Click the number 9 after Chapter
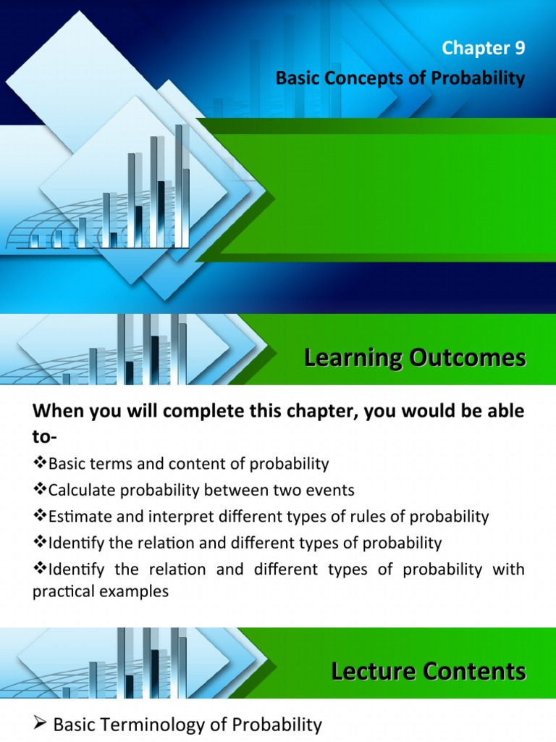pyautogui.click(x=518, y=49)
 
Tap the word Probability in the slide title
pyautogui.click(x=484, y=78)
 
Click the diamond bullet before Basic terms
pyautogui.click(x=40, y=464)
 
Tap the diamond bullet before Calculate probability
pyautogui.click(x=40, y=491)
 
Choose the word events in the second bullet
pyautogui.click(x=332, y=490)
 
